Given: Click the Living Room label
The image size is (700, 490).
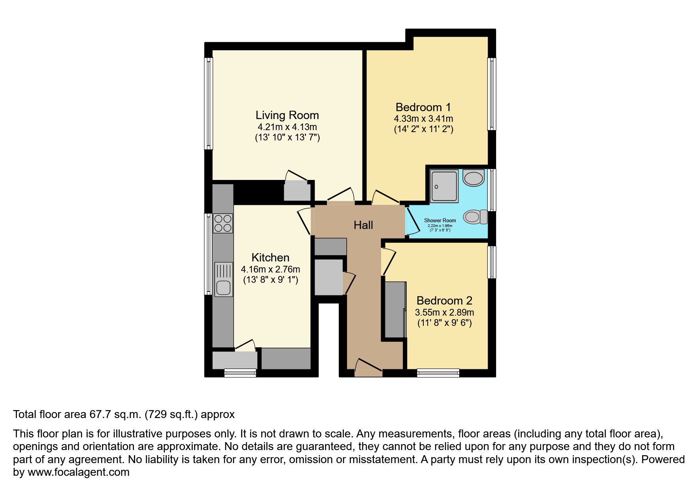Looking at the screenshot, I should click(x=287, y=115).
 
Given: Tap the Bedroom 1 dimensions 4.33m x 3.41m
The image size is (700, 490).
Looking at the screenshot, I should click(x=423, y=119).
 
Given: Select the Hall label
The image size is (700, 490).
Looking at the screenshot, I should click(x=363, y=225).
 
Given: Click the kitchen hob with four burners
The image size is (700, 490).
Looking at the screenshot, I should click(x=223, y=223).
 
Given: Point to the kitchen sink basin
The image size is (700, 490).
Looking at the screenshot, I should click(x=223, y=288).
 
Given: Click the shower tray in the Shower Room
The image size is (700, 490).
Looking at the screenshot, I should click(x=444, y=186).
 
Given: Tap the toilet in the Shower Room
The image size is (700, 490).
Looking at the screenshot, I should click(x=475, y=217).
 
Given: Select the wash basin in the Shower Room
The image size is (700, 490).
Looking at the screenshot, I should click(x=474, y=178).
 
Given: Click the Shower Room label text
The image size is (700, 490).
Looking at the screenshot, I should click(x=440, y=220).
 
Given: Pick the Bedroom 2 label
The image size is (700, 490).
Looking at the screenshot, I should click(x=444, y=301).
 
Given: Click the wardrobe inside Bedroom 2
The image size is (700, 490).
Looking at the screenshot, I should click(x=394, y=309).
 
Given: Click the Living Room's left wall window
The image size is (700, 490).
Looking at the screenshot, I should click(x=208, y=104).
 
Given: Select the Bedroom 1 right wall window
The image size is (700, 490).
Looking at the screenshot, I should click(x=491, y=94).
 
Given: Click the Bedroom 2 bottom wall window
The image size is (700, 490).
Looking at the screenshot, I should click(x=438, y=373).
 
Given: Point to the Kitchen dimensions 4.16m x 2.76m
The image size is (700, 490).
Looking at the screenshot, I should click(x=270, y=269).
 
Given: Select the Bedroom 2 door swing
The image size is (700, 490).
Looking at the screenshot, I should click(x=389, y=261).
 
